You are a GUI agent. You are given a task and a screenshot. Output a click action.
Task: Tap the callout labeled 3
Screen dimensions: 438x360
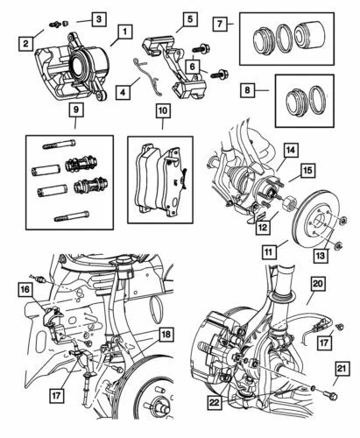pyautogui.click(x=98, y=18)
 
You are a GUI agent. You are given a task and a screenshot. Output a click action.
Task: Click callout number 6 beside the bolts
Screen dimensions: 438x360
pyautogui.click(x=191, y=63)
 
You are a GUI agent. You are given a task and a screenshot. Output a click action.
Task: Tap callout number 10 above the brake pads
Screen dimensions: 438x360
pyautogui.click(x=162, y=112)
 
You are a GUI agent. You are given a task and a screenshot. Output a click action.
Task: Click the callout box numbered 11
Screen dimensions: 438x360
pyautogui.click(x=272, y=251)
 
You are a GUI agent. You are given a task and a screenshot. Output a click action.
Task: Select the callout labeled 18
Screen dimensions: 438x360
pyautogui.click(x=166, y=334)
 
